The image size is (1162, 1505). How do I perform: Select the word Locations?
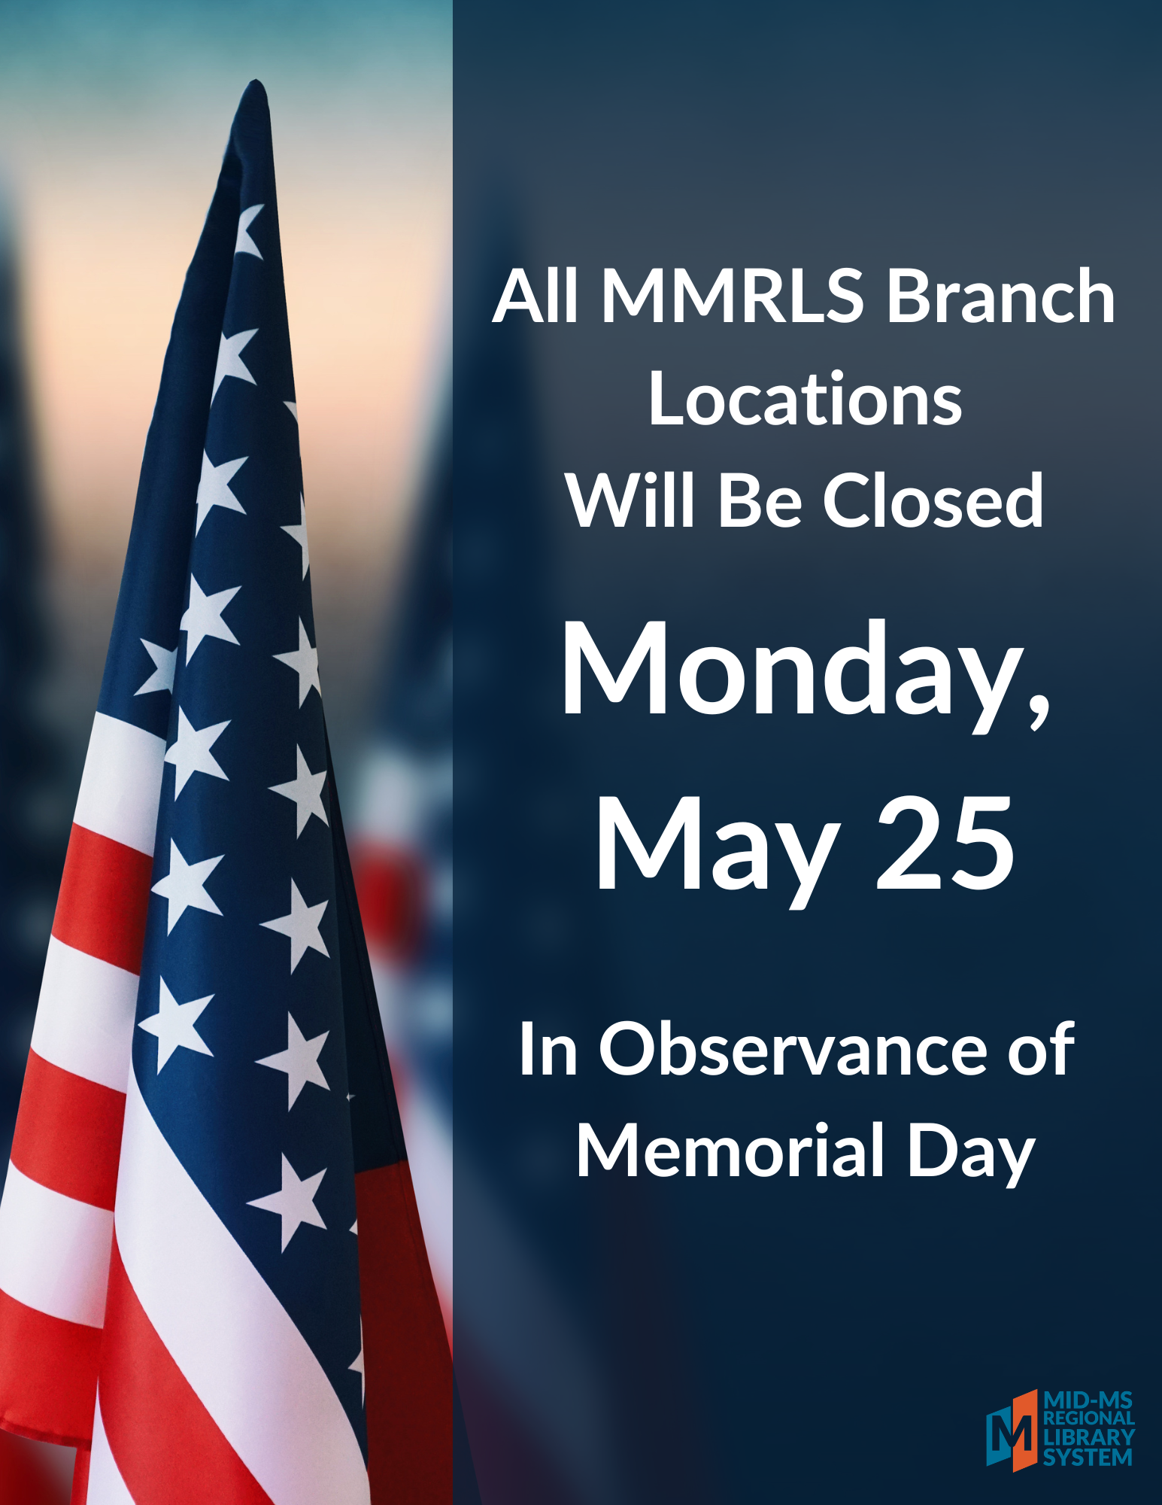(805, 399)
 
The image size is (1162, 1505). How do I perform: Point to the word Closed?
(933, 499)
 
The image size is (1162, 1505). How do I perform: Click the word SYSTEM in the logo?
(1087, 1458)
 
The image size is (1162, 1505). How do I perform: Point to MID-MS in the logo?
(1088, 1400)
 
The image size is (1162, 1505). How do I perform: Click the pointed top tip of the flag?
(256, 80)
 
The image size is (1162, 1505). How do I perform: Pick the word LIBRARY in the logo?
(1088, 1438)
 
